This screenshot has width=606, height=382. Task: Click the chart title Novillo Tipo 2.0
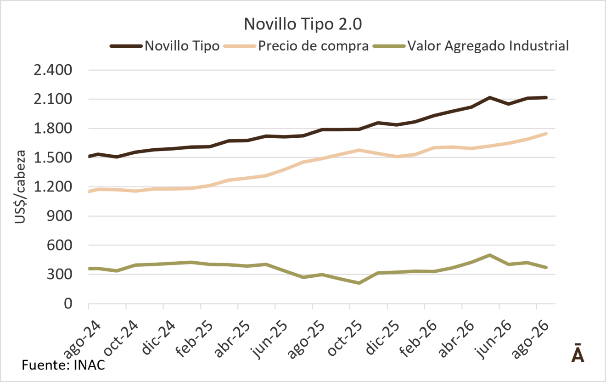point(303,24)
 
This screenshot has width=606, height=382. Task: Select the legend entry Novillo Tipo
point(165,46)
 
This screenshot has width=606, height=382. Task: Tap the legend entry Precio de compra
point(296,46)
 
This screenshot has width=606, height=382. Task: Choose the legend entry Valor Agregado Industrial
point(471,46)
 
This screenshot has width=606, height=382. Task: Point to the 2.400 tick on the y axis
point(53,70)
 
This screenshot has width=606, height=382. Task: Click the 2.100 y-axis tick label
point(53,99)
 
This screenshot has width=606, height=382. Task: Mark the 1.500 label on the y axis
point(53,158)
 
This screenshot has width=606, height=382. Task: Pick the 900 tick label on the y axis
point(59,216)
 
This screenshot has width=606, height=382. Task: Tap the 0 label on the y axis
point(68,304)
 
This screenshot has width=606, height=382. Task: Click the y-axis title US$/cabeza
point(20,187)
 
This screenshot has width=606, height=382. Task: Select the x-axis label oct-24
point(121,338)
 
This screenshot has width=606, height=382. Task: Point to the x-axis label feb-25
point(195,339)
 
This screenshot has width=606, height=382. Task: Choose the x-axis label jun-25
point(269,339)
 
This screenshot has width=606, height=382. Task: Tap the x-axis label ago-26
point(530,340)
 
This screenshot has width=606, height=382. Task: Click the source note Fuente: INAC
point(63,365)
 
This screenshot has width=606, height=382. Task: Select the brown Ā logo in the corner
point(578,353)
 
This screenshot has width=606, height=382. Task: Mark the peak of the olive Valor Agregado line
point(490,255)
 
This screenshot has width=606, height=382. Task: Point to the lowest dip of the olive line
point(359,283)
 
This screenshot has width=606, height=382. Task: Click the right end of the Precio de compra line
point(546,134)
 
